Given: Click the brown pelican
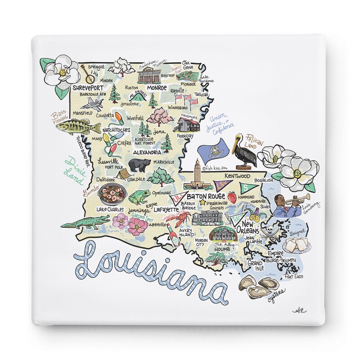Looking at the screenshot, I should tap(244, 150).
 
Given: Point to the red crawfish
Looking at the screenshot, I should tap(180, 219).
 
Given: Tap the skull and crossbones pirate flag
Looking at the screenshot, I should tap(270, 230).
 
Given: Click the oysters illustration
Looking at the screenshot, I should tap(254, 287).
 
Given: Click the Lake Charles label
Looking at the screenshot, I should tap(110, 209).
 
